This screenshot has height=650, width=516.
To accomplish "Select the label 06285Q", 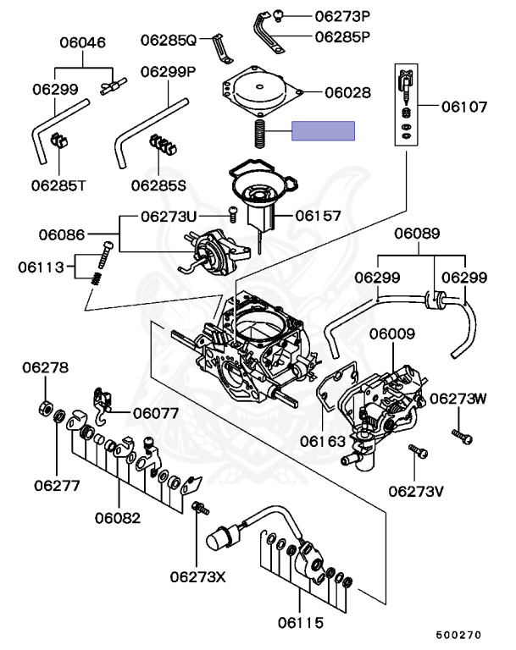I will click(168, 39).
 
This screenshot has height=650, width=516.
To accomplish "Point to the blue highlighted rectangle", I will click(323, 130).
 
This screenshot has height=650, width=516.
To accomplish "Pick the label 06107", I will click(464, 107).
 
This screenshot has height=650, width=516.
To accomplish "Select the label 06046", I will click(81, 41).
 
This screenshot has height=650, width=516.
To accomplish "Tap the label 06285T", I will click(58, 183).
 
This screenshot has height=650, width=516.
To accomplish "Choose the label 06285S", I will click(158, 183).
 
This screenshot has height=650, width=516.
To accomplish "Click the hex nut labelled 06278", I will click(45, 408).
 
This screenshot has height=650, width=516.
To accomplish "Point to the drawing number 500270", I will click(458, 633).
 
